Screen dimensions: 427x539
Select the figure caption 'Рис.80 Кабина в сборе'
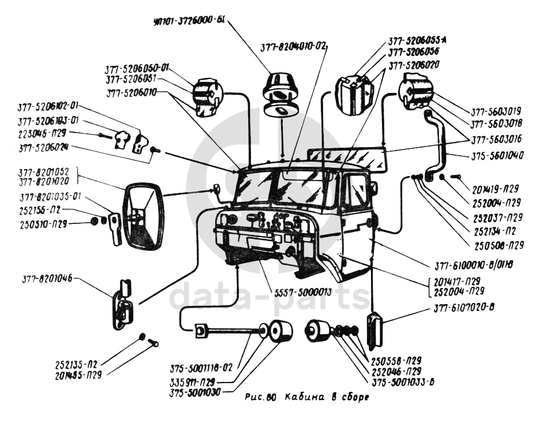click(306, 398)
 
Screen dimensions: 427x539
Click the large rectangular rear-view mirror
click(144, 215)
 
